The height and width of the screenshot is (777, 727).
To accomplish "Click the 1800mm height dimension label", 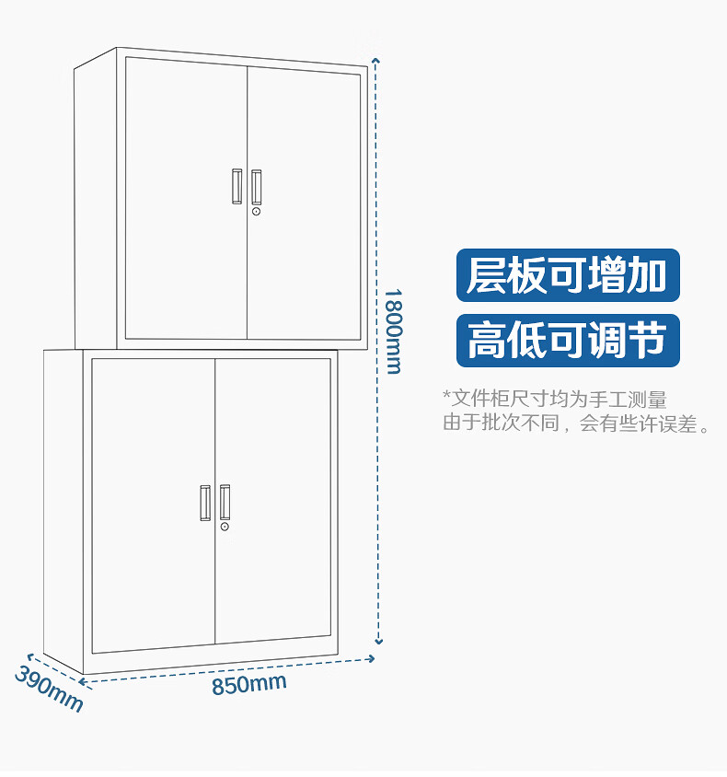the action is point(393,331).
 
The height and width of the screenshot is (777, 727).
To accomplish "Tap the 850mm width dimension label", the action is point(248,684).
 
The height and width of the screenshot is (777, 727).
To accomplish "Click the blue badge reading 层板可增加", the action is point(568,275).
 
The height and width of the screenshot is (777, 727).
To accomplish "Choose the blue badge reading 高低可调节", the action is point(568,340).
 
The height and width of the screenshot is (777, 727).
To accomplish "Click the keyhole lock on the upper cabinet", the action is point(257,212).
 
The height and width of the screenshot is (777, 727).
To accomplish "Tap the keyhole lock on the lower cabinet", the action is point(225,528).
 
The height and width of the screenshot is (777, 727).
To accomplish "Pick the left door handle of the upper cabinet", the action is point(237,186).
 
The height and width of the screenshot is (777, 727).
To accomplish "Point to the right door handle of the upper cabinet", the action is point(257,186).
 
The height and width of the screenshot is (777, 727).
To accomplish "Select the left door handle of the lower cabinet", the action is point(205,502).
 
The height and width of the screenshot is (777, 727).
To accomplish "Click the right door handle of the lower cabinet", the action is point(225,502).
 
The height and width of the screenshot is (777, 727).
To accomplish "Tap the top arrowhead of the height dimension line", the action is point(375,62).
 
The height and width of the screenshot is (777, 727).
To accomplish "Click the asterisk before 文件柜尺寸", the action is point(446,398).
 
